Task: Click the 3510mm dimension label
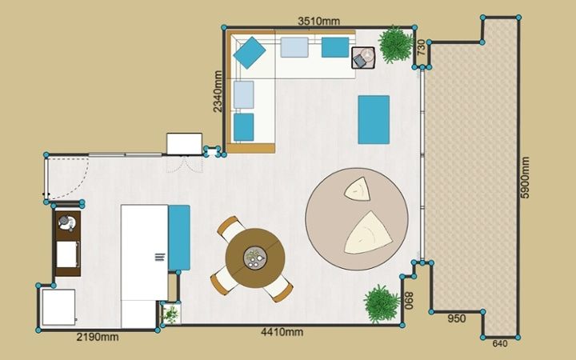click(318, 22)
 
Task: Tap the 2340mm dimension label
click(218, 91)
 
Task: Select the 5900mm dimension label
click(526, 178)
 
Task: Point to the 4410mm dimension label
click(282, 332)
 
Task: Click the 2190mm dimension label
click(98, 337)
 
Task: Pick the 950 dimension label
click(457, 318)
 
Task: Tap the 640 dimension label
click(499, 343)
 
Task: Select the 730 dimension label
click(421, 47)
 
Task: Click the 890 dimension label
click(410, 301)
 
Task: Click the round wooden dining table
click(255, 258)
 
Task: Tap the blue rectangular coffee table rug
click(374, 120)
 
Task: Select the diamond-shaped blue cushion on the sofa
click(250, 53)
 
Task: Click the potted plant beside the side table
click(396, 45)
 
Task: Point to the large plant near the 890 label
click(382, 304)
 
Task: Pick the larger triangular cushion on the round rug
click(367, 234)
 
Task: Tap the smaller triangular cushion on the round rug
click(358, 190)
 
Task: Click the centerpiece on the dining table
click(255, 258)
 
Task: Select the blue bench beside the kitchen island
click(179, 238)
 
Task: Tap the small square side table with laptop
click(363, 58)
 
